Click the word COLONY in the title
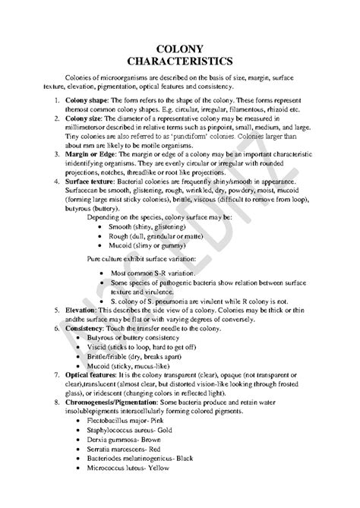(183, 49)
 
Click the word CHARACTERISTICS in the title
(183, 62)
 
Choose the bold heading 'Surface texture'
(93, 182)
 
